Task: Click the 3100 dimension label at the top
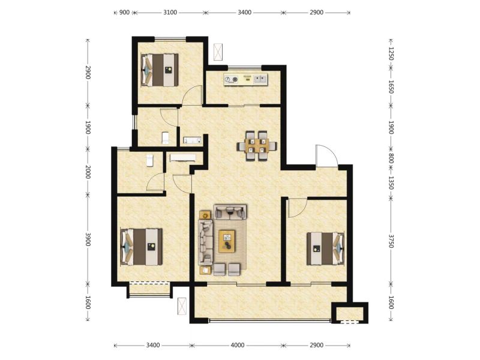point(170,12)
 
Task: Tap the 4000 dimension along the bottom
point(237,346)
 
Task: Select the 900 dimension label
point(124,12)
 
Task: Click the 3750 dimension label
point(391,242)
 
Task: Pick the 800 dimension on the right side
point(391,158)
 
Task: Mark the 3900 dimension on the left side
point(88,239)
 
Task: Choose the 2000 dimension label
point(88,172)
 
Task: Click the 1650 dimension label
point(391,87)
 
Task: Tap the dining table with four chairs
point(257,146)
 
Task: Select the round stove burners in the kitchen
point(231,80)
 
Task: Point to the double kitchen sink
point(260,80)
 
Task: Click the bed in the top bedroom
point(160,70)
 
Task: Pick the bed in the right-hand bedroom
point(325,248)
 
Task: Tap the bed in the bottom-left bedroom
point(142,247)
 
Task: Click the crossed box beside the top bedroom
point(218,52)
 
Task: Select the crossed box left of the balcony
point(182,306)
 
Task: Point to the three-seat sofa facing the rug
point(206,242)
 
